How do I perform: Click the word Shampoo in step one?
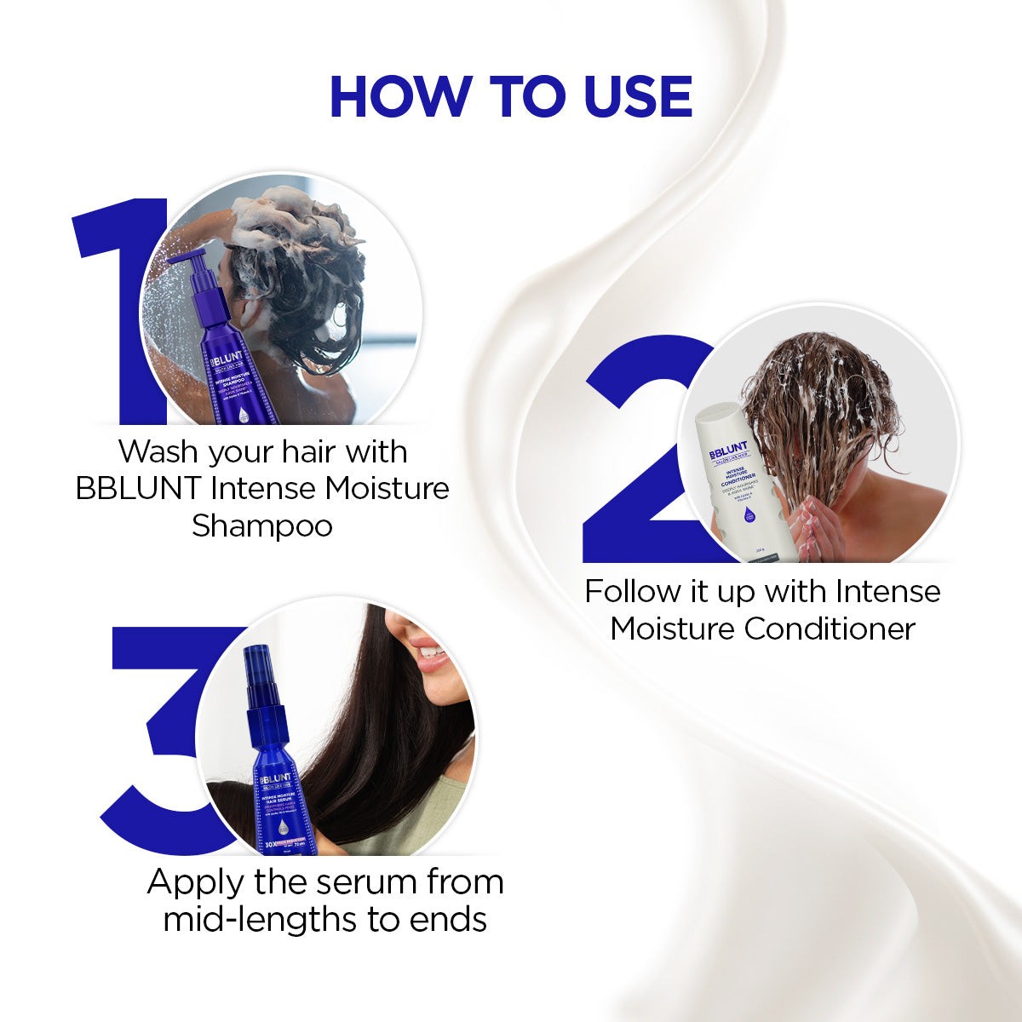coord(262,525)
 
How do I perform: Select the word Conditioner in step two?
coord(830,629)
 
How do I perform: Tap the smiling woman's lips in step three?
coord(433,656)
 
